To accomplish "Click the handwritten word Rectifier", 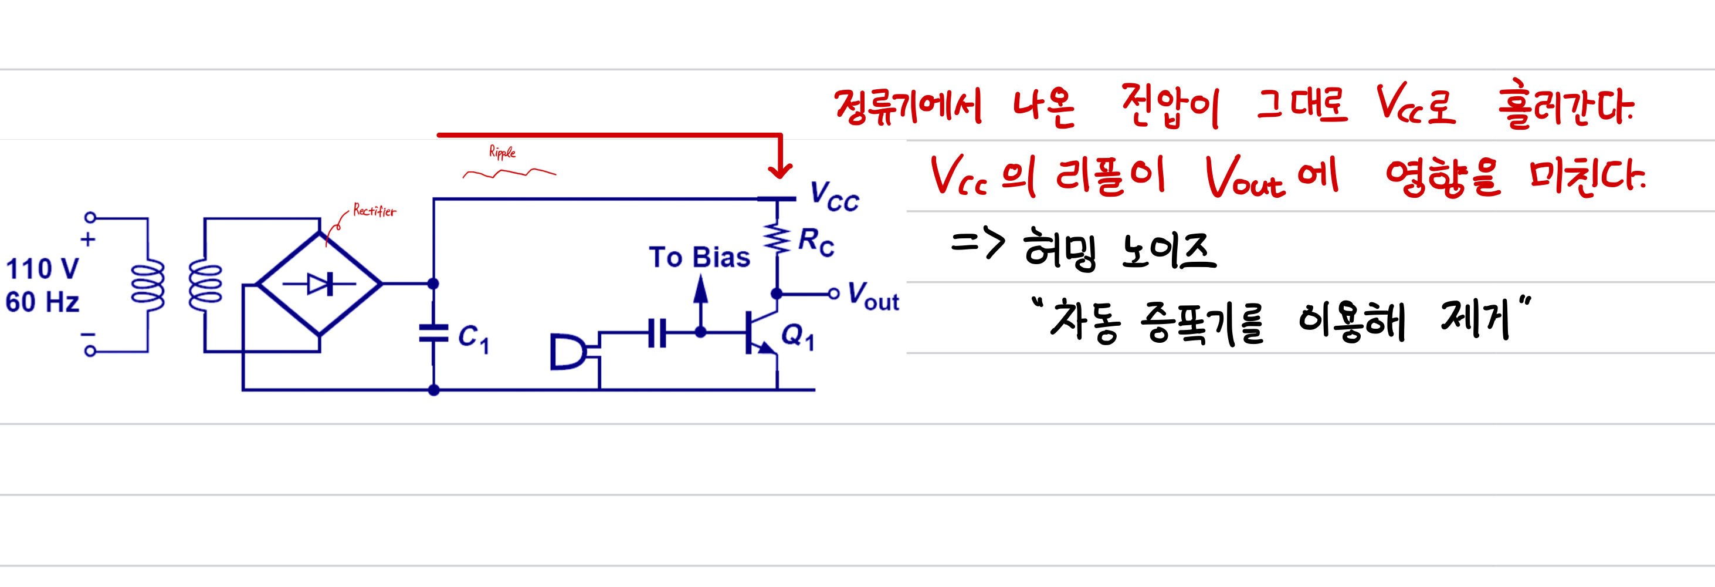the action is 374,211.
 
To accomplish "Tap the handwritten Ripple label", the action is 502,152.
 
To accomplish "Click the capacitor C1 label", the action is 473,337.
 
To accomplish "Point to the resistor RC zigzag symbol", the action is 777,238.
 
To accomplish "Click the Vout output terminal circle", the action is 833,293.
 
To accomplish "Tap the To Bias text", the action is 699,257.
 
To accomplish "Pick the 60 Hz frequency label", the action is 42,302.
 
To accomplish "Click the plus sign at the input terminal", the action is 88,239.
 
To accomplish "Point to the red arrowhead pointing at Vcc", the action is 779,170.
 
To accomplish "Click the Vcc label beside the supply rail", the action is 834,197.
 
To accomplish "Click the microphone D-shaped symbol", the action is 568,352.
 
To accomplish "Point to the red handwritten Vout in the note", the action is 1243,177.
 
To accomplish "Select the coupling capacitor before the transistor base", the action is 657,332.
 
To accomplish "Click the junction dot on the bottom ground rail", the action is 433,390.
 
